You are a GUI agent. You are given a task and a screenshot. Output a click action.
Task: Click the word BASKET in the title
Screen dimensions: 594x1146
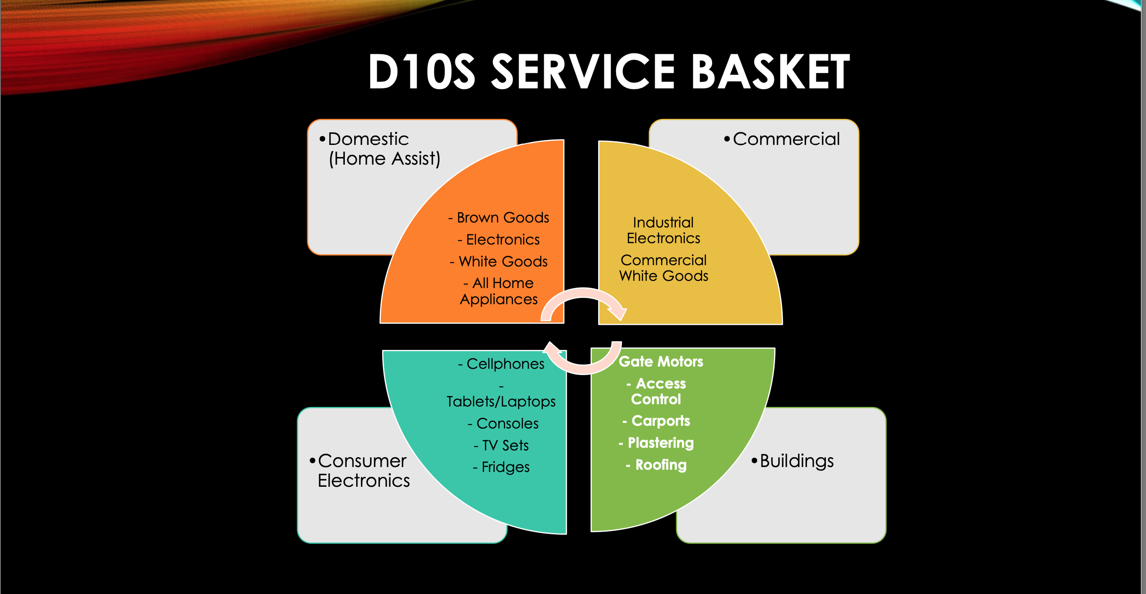click(x=770, y=72)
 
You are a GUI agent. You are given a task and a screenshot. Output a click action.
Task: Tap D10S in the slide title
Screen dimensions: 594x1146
click(x=421, y=72)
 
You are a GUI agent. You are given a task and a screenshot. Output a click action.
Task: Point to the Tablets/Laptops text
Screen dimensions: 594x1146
click(x=501, y=401)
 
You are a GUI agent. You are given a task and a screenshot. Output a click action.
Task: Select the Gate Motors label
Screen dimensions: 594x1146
click(x=661, y=362)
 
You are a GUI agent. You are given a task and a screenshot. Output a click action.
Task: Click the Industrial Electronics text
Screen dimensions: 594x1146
click(x=663, y=230)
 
